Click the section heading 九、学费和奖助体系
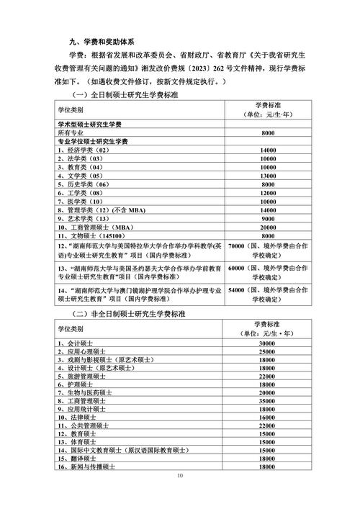coord(102,41)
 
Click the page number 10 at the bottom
coord(180,476)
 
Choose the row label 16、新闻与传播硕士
coord(89,468)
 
